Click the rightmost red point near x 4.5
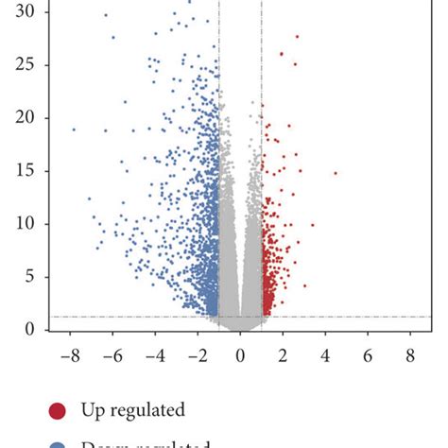(x=336, y=173)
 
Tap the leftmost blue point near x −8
(x=74, y=129)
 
